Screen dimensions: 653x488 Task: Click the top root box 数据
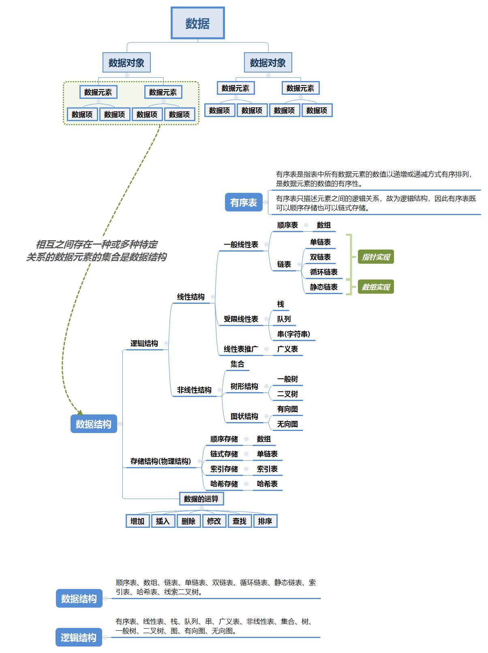(x=197, y=23)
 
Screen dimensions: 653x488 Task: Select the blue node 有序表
(x=243, y=203)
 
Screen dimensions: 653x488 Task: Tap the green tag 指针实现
(x=376, y=257)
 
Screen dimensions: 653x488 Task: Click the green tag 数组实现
(x=376, y=287)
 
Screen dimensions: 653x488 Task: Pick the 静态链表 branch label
(x=323, y=287)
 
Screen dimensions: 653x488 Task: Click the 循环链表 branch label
(x=323, y=272)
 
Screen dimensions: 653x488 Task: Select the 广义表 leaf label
(x=287, y=349)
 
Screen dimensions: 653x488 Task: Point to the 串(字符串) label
(x=293, y=334)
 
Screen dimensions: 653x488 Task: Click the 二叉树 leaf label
(x=287, y=394)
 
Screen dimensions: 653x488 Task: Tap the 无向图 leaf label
(x=287, y=424)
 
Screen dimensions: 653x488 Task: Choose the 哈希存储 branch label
(x=224, y=484)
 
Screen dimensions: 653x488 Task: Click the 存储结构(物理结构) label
(x=161, y=461)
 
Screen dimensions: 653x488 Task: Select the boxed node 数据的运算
(x=201, y=499)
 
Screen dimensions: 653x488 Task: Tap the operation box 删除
(x=188, y=521)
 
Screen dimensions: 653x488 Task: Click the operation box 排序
(x=265, y=521)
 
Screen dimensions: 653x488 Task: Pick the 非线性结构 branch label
(x=194, y=390)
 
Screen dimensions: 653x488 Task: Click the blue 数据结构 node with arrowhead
(x=94, y=424)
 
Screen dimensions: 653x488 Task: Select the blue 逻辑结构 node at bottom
(x=79, y=638)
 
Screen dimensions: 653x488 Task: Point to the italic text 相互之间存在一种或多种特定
(x=96, y=244)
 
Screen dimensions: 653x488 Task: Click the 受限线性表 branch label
(x=241, y=319)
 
